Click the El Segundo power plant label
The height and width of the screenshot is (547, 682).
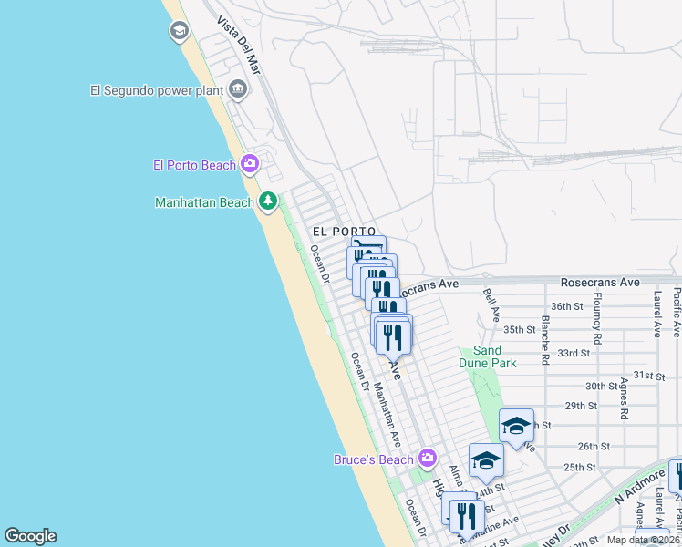[x=157, y=89]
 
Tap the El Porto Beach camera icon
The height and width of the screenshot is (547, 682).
[x=250, y=164]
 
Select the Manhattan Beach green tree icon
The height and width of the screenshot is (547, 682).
[x=267, y=201]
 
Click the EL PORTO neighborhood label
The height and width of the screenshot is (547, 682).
[x=344, y=232]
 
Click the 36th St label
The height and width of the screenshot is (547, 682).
[x=566, y=306]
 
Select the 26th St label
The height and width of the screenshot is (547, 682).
[x=593, y=446]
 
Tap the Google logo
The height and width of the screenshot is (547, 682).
[x=30, y=536]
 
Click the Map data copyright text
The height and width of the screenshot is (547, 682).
[x=643, y=540]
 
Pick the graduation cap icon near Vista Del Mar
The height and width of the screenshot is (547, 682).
[x=179, y=32]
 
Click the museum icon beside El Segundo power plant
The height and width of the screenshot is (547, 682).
[x=239, y=88]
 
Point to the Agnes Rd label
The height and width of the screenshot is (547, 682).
[x=624, y=398]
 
